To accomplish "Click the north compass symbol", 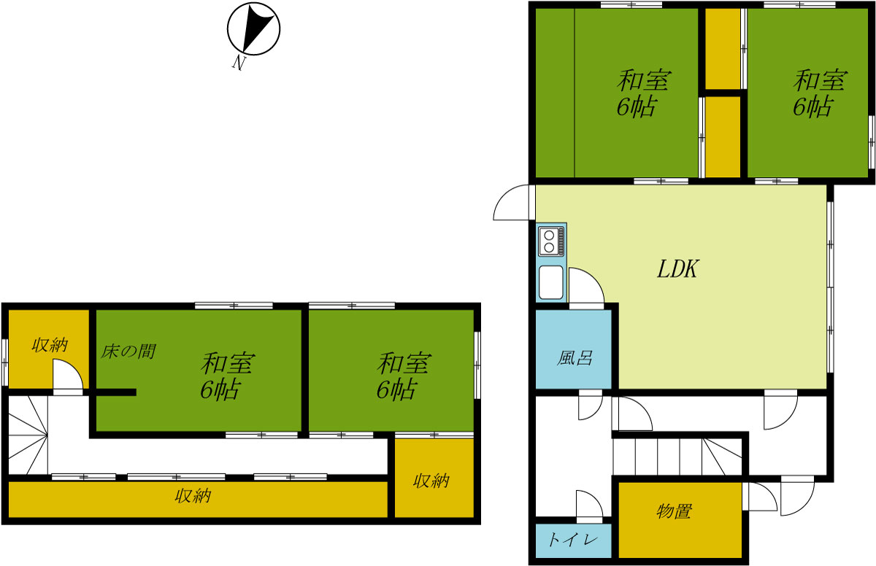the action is (253, 28).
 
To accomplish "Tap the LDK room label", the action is (677, 269).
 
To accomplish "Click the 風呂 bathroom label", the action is (574, 357).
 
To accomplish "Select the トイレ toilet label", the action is (573, 540).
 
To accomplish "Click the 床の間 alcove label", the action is (128, 352).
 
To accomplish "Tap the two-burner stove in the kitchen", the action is (551, 241).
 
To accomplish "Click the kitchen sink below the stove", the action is (551, 282).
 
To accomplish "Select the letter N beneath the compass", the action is (238, 63).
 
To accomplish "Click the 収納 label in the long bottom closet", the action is (193, 496).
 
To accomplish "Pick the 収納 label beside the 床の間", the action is (50, 345).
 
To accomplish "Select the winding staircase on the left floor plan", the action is (28, 435).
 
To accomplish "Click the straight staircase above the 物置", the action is (677, 457).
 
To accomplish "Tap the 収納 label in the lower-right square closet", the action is (431, 481).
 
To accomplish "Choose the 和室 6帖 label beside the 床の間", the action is (228, 376).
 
